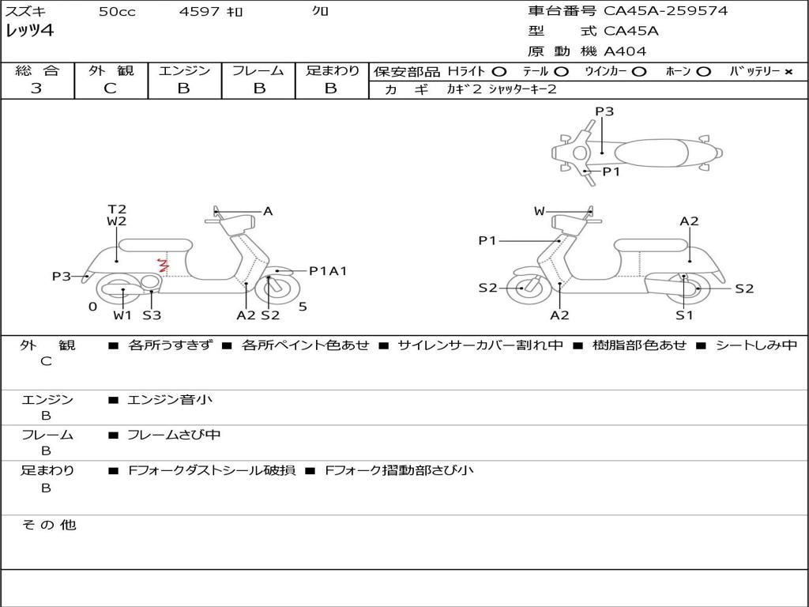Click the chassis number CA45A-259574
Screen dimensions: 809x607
click(666, 11)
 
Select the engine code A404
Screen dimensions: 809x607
click(625, 51)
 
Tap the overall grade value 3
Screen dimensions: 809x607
click(36, 89)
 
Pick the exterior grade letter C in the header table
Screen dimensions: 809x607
click(110, 89)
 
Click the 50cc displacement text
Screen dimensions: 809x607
click(116, 12)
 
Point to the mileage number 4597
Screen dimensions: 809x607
click(199, 12)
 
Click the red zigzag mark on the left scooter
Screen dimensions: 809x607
click(164, 265)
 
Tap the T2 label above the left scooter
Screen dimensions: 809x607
click(117, 209)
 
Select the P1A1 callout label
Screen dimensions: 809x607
click(328, 271)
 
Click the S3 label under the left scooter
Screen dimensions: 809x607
click(152, 315)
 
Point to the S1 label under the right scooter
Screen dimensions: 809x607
click(684, 315)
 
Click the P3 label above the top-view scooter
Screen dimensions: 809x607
click(604, 111)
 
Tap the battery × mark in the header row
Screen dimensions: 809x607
click(788, 72)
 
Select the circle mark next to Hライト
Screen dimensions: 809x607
click(499, 72)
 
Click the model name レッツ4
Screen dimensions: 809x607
click(30, 32)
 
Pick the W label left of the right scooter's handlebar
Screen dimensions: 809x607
click(540, 211)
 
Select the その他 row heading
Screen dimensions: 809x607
click(49, 525)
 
